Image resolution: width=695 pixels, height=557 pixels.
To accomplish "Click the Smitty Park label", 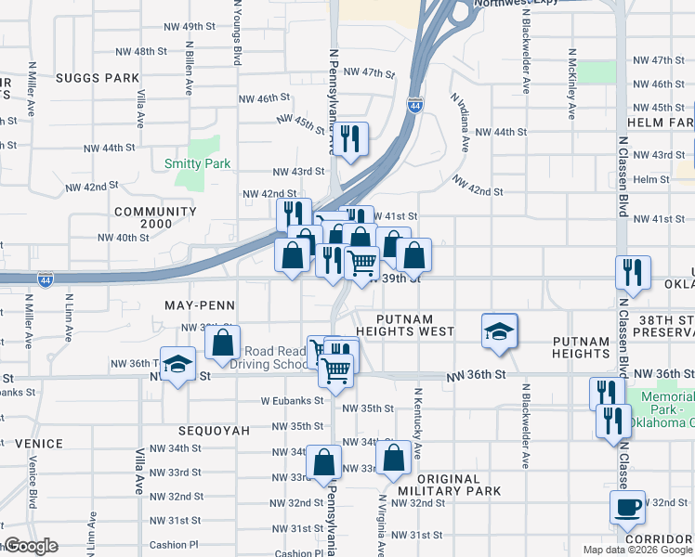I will tap(197, 163).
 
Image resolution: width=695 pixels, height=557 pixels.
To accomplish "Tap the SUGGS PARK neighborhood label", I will tap(96, 78).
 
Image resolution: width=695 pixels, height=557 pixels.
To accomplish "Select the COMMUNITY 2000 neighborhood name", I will tap(155, 217).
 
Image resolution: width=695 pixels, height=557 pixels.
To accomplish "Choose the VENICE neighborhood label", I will tap(32, 444).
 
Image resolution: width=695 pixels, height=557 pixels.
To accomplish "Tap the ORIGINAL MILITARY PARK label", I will tap(449, 484).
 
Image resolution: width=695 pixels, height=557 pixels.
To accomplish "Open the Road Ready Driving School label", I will tap(274, 357).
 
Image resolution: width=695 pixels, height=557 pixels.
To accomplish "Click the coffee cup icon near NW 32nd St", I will tap(627, 507).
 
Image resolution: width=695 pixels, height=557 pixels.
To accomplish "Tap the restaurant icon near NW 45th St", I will tap(350, 139).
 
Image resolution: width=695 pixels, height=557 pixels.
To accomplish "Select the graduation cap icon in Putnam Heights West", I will tap(499, 330).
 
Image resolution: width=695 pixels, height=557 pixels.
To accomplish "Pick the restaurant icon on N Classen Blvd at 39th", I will tap(632, 272).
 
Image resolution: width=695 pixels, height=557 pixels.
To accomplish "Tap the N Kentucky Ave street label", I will tap(418, 425).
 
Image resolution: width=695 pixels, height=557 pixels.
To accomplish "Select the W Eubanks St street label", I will tap(290, 401).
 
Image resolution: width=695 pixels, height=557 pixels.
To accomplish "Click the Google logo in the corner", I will tap(30, 546).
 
